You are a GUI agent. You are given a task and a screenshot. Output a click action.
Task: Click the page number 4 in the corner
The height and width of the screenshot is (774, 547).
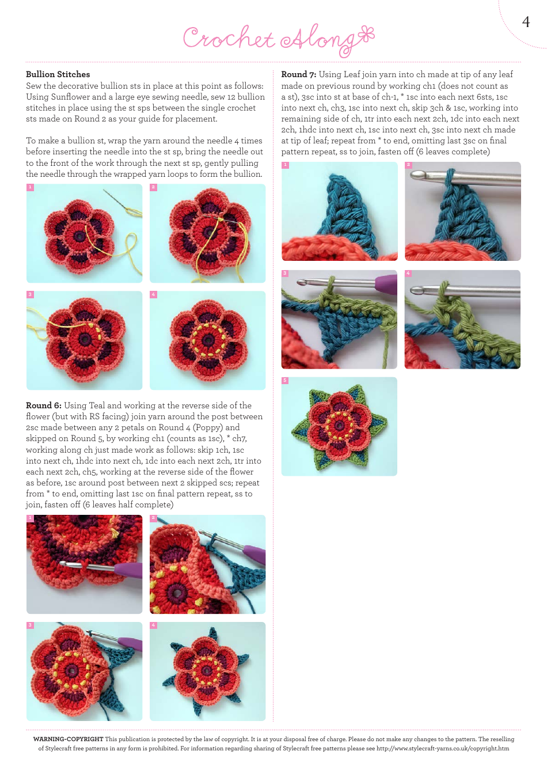point(525,22)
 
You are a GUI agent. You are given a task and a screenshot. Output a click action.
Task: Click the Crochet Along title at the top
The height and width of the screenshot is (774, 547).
point(278,39)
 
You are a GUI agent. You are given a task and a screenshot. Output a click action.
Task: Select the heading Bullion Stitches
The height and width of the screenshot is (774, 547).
point(58,74)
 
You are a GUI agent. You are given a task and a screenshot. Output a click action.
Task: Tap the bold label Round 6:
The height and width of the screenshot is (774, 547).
point(44,405)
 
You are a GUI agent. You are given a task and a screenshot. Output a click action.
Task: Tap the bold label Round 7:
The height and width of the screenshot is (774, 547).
point(298,74)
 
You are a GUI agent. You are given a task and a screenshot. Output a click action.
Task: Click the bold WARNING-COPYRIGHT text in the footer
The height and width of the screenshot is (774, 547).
point(68,739)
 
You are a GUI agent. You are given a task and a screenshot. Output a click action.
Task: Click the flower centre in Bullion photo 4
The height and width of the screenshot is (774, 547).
point(207,340)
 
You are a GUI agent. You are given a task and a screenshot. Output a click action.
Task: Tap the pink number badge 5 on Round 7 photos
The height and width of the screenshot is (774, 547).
point(284,381)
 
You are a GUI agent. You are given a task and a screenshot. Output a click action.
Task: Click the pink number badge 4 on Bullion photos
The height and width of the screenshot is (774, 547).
point(153,295)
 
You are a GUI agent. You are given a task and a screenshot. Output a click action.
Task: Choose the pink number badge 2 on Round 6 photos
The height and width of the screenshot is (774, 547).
point(153,518)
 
